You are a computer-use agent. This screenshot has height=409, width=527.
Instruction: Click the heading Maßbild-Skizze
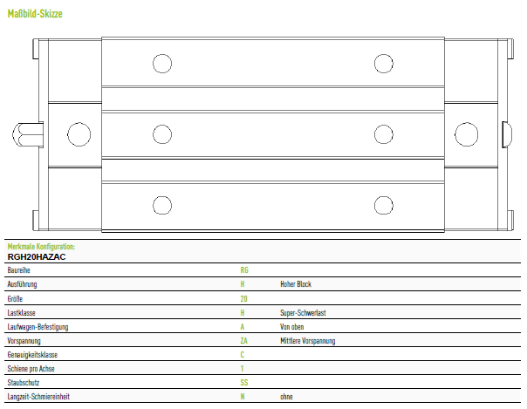tap(35, 14)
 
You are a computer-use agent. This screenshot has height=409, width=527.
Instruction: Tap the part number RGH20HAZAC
tap(37, 257)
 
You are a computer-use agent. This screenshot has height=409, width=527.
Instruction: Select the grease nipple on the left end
tap(28, 134)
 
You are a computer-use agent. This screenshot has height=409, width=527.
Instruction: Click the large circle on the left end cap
tap(79, 134)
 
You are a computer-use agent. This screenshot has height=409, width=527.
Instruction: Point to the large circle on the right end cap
tap(467, 134)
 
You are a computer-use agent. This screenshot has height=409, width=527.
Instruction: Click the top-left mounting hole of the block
tap(162, 64)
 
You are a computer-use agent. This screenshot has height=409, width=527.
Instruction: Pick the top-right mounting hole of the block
tap(384, 64)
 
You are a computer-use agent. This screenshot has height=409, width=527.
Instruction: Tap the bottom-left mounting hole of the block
tap(162, 206)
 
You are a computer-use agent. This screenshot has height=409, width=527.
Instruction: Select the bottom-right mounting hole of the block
tap(384, 206)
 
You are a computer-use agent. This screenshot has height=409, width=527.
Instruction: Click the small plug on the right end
tap(507, 134)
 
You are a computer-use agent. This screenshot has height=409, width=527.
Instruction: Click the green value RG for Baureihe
tap(244, 270)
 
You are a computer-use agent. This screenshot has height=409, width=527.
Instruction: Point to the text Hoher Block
tap(296, 284)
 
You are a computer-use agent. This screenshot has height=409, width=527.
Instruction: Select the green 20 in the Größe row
tap(244, 298)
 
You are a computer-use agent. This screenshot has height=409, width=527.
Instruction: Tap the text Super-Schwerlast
tap(303, 312)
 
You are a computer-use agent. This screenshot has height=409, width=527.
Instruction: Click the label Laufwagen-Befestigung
tap(38, 327)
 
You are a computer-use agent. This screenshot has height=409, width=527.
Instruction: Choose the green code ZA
tap(244, 341)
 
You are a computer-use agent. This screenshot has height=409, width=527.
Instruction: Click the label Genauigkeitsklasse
tap(32, 355)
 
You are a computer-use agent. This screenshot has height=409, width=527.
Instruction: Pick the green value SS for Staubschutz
tap(244, 383)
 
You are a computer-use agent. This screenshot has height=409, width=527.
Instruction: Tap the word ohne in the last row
tap(286, 397)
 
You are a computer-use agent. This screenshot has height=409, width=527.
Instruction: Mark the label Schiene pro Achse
tap(31, 369)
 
